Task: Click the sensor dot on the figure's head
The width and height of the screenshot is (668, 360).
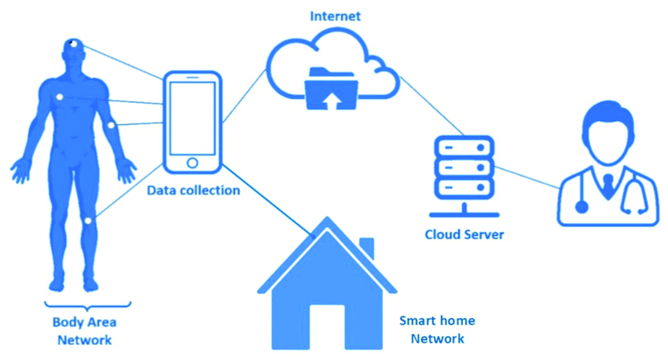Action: [74, 44]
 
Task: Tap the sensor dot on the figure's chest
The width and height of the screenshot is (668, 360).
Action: [60, 97]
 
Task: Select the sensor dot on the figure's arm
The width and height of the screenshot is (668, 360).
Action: [111, 125]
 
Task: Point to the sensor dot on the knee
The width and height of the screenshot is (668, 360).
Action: [88, 221]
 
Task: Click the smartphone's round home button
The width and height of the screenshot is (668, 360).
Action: [193, 163]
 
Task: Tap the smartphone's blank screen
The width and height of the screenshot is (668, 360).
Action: [193, 118]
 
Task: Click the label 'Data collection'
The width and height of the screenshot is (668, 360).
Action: [193, 190]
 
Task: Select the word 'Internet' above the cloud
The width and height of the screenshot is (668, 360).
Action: [336, 17]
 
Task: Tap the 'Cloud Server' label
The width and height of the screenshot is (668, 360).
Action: [464, 234]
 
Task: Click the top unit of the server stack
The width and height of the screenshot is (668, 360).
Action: [464, 148]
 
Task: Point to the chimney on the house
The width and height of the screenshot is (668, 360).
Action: [367, 248]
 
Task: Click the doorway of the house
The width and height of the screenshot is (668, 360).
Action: [327, 327]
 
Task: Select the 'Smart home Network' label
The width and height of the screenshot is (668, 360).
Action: [437, 330]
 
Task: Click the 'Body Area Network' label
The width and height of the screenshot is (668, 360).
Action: [84, 331]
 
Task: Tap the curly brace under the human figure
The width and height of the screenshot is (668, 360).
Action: [87, 306]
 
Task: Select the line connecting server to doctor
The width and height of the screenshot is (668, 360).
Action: [527, 178]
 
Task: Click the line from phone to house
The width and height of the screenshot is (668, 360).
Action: [267, 199]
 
